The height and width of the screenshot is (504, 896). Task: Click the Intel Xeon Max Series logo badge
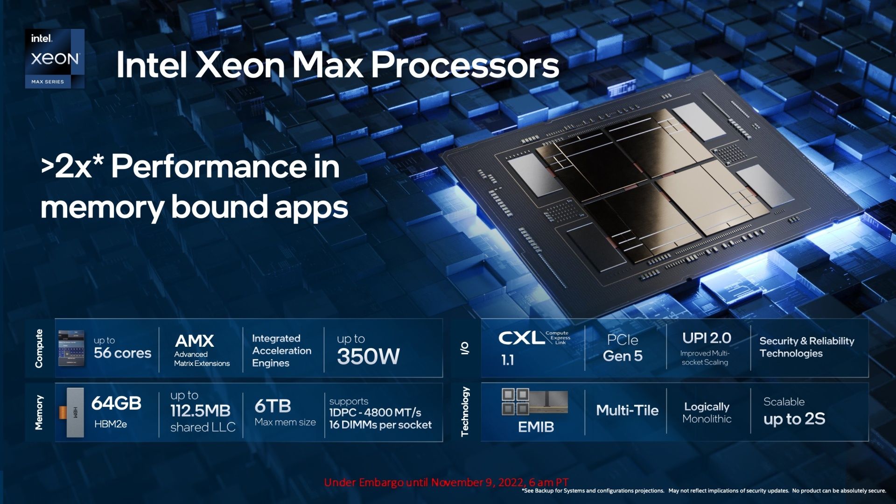[55, 58]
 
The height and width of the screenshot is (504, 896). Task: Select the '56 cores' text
[122, 353]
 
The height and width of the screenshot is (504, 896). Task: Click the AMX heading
[194, 341]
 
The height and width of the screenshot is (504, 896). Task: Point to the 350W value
[368, 357]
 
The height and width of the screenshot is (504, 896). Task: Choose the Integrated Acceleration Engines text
[282, 350]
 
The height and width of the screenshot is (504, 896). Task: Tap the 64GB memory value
[116, 403]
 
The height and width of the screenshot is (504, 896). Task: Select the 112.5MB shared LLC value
[201, 411]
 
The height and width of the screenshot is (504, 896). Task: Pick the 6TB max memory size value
[273, 406]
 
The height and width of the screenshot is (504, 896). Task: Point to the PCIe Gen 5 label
[623, 348]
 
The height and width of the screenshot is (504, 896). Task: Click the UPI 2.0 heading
[707, 338]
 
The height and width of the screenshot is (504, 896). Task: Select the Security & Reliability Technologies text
[806, 347]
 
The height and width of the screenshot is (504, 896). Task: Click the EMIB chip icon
[535, 402]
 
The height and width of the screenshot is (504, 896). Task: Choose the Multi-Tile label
[627, 410]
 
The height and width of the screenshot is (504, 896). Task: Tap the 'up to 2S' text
[794, 419]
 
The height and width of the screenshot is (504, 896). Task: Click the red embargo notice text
[446, 482]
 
